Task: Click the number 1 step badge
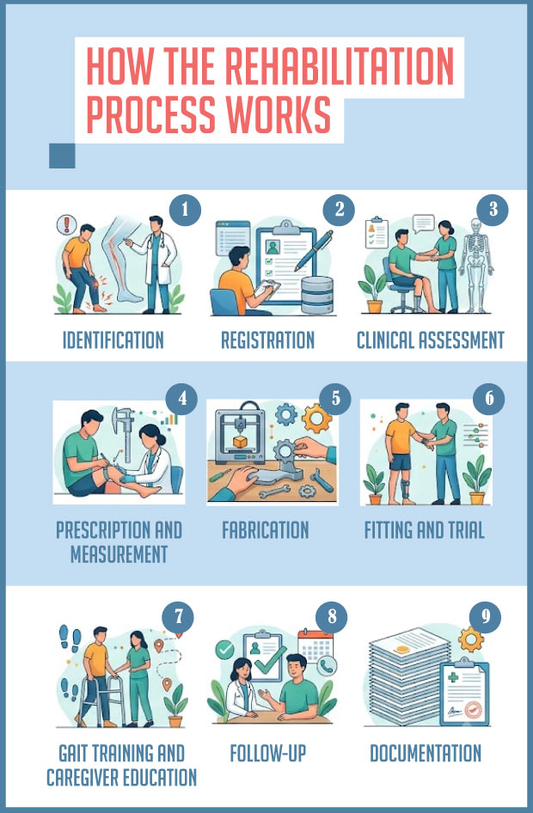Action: (185, 210)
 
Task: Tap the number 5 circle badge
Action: (335, 398)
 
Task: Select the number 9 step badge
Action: (486, 616)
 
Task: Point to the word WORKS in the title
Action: (279, 113)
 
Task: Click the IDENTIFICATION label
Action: (113, 340)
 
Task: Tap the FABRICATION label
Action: (266, 530)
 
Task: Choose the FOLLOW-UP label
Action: (268, 753)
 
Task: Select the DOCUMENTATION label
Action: (426, 753)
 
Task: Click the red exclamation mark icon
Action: (66, 225)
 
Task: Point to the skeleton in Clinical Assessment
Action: (476, 265)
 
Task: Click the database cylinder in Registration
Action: (317, 295)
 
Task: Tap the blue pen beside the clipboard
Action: (314, 250)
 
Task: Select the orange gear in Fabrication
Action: (316, 418)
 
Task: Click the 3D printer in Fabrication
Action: (240, 432)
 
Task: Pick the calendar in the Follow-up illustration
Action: (316, 646)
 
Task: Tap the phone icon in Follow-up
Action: (326, 666)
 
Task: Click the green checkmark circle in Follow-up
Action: (224, 650)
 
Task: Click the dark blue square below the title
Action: (62, 156)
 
